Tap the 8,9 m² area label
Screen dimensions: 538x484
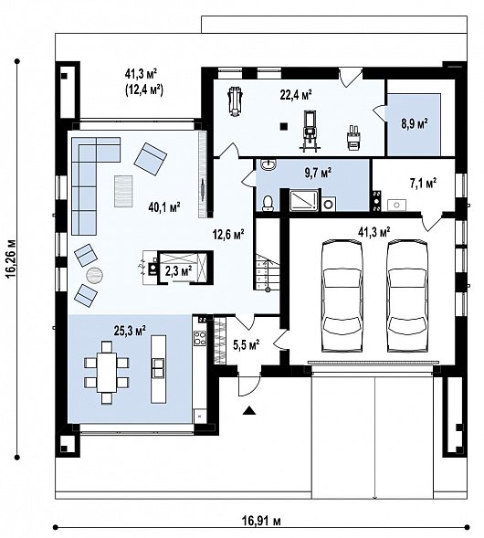pyautogui.click(x=416, y=121)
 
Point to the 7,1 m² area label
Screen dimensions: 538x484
pyautogui.click(x=421, y=184)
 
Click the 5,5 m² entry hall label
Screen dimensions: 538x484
pyautogui.click(x=247, y=345)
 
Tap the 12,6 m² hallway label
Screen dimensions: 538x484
pyautogui.click(x=228, y=235)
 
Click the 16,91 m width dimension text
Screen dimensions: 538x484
pyautogui.click(x=261, y=521)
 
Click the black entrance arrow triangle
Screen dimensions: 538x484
pyautogui.click(x=248, y=412)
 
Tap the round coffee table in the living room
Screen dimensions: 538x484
pyautogui.click(x=95, y=276)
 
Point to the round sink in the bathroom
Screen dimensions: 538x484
pyautogui.click(x=268, y=164)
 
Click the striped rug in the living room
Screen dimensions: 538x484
pyautogui.click(x=121, y=192)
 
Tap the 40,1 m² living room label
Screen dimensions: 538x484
pyautogui.click(x=163, y=207)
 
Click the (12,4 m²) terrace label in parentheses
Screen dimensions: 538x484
pyautogui.click(x=143, y=89)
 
